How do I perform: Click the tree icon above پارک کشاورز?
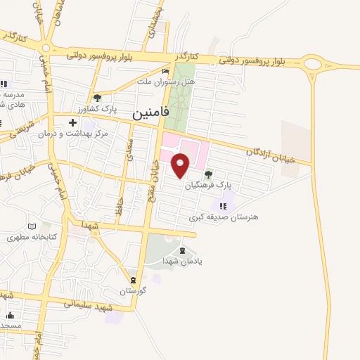(x=97, y=98)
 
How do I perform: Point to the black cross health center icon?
(x=72, y=123)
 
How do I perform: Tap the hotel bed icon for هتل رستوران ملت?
(x=165, y=72)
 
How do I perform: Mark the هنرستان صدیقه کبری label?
(x=223, y=217)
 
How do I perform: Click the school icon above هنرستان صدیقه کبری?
(x=224, y=206)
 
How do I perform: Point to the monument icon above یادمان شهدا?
(x=183, y=250)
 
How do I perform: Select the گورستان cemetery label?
(x=131, y=290)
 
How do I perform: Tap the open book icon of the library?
(x=31, y=226)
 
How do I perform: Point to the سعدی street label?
(x=129, y=150)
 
